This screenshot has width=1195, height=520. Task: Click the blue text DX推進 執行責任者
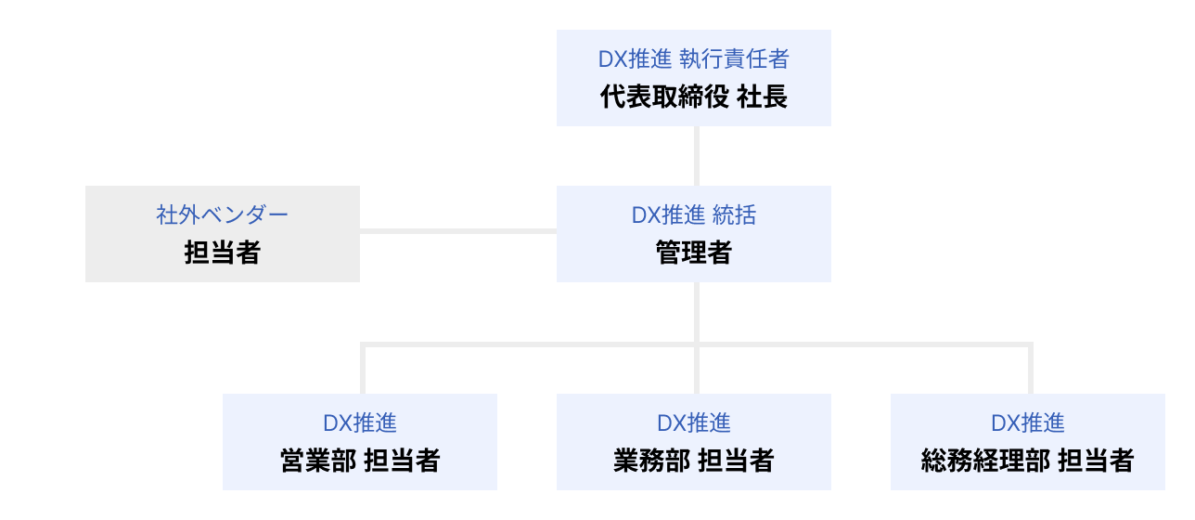[693, 59]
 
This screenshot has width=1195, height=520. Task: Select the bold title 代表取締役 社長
[693, 97]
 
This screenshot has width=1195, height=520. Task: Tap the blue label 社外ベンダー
[223, 215]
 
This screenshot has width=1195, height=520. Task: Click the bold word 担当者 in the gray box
[223, 253]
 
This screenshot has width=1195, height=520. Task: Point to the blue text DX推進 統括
[693, 215]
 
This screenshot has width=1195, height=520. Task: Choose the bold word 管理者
[693, 253]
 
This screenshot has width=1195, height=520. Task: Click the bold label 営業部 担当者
[360, 461]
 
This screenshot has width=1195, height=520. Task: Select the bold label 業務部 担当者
[693, 461]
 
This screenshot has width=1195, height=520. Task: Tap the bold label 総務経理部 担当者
[1027, 461]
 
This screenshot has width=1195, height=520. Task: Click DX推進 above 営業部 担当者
[360, 423]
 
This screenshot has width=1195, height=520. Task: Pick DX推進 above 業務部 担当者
[693, 423]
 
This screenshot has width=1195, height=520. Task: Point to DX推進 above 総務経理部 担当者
[1027, 423]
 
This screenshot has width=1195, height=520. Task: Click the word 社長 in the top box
[762, 97]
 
